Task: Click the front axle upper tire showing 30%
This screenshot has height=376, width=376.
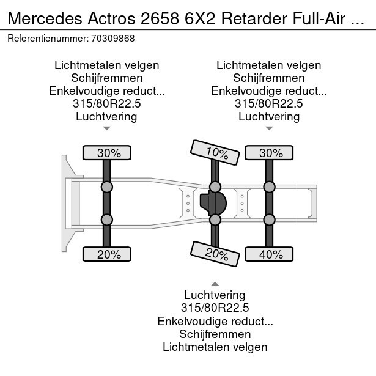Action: coord(106,153)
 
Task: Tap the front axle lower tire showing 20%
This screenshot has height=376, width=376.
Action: coord(106,254)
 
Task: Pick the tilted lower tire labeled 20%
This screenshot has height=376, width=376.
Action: coord(215,252)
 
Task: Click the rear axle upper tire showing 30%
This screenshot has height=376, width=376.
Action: coord(268,153)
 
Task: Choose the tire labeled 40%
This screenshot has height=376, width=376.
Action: coord(268,254)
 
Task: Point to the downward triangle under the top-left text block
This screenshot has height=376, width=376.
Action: coord(106,128)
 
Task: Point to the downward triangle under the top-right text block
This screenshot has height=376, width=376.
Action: coord(269,128)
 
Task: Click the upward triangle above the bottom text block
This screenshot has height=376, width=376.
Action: coord(215,283)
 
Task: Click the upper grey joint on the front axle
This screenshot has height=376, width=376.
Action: coord(106,186)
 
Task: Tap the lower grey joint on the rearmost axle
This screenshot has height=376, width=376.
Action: coord(268,219)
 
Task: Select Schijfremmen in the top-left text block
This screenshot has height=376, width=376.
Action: coord(106,78)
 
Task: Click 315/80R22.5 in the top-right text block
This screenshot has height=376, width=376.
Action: coord(269,104)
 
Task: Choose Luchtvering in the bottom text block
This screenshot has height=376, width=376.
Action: coord(215,296)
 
